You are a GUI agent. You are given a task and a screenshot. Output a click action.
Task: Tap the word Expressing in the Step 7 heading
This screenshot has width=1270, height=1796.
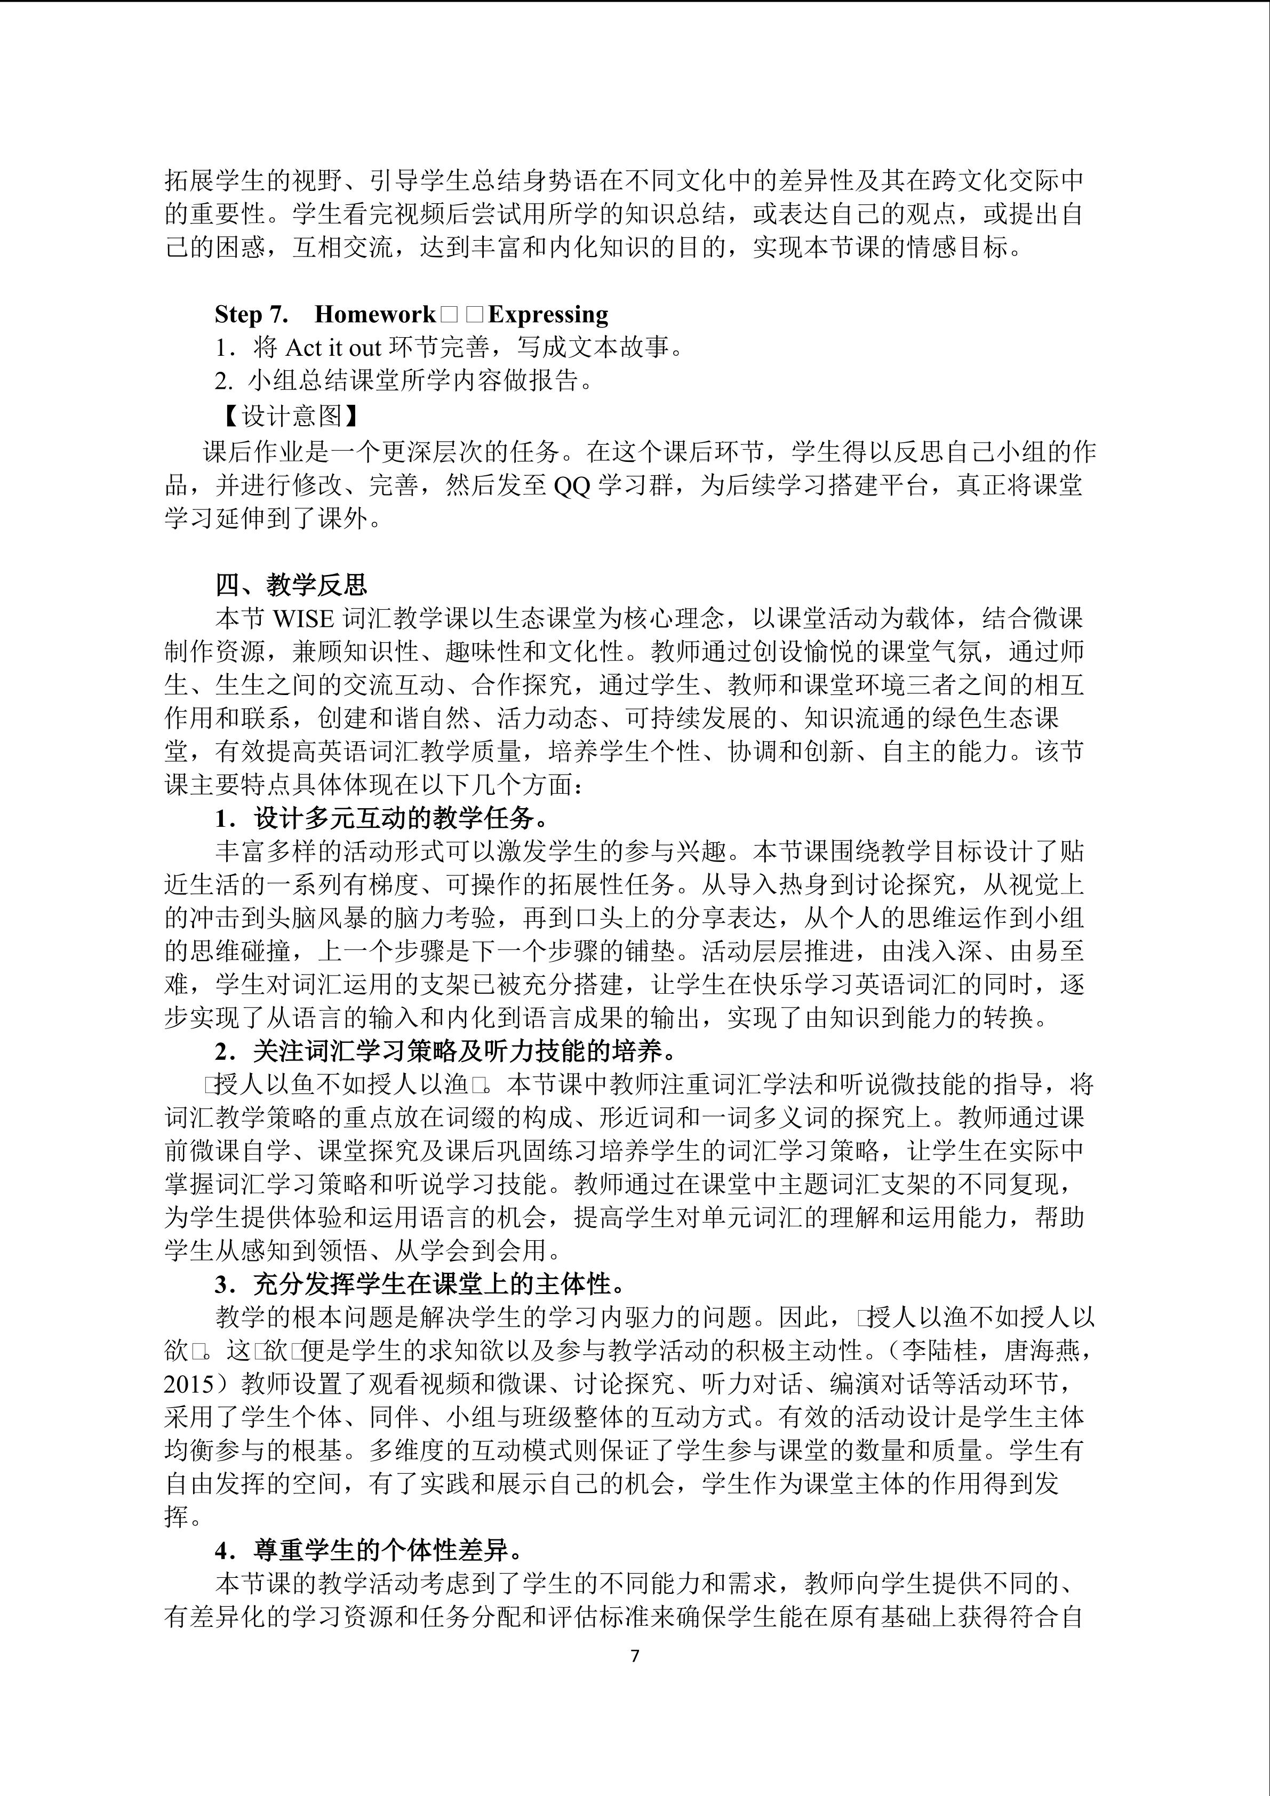pyautogui.click(x=547, y=315)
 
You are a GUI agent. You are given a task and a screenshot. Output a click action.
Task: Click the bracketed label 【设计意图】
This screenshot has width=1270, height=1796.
pyautogui.click(x=290, y=416)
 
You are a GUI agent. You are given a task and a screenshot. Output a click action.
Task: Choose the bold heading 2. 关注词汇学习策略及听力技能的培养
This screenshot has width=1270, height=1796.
pyautogui.click(x=446, y=1050)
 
